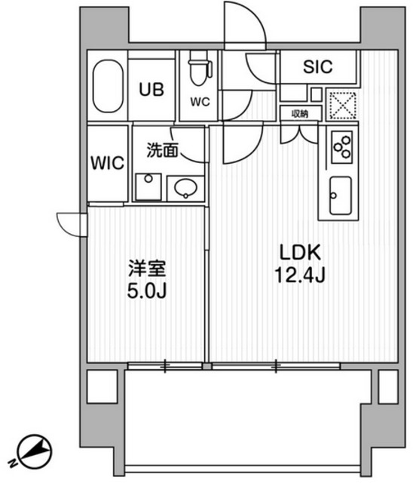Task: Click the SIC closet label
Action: pos(317,67)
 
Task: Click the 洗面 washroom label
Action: pos(162,150)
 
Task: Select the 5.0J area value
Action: pos(147,291)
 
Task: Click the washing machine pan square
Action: pos(148,186)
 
